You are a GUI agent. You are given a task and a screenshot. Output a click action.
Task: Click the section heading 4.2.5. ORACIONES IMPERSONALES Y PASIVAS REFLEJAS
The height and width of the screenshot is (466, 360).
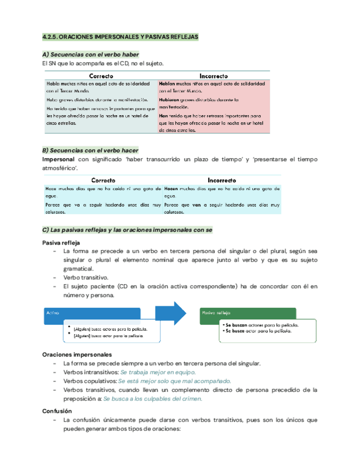(120, 37)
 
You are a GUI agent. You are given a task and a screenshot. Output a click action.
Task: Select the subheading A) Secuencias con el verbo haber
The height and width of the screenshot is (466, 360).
(90, 54)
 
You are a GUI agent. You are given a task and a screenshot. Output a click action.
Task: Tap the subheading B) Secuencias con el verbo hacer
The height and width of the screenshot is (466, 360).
(90, 150)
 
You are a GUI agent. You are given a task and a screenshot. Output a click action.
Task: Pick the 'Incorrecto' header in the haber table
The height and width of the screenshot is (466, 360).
(214, 75)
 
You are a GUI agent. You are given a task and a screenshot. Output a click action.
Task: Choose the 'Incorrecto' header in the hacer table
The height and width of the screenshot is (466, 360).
(222, 180)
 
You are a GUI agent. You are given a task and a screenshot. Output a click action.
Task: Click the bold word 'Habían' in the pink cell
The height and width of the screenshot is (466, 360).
(167, 84)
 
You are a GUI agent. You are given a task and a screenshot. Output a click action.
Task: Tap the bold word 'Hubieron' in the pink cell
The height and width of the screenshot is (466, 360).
(170, 101)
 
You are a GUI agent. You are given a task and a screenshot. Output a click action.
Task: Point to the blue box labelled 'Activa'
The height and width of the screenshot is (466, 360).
(53, 312)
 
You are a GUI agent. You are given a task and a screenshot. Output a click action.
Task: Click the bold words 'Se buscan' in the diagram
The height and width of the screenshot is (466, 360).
(236, 325)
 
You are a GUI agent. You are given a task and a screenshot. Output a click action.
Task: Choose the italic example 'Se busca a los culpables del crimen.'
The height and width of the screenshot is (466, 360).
(153, 398)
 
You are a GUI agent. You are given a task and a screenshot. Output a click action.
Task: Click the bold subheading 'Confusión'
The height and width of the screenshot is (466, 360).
(57, 410)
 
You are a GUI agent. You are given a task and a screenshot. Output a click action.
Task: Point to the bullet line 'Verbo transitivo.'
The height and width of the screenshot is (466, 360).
(86, 278)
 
